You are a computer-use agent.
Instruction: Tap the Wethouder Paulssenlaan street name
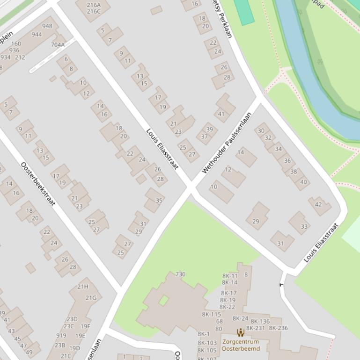pos(227,143)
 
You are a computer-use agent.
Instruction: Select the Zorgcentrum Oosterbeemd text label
pos(241,345)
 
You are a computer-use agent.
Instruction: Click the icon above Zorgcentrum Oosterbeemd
pos(241,332)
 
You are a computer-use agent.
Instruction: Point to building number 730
pos(180,274)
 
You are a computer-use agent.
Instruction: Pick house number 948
pos(47,26)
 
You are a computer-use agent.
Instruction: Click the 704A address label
pos(58,45)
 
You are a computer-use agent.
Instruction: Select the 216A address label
pos(94,5)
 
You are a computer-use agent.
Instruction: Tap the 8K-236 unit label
pos(279,328)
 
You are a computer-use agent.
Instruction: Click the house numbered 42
pos(319,204)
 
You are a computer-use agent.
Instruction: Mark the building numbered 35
pos(159,201)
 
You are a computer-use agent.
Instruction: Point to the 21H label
pos(83,287)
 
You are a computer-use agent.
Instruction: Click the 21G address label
pos(91,298)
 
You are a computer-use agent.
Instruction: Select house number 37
pos(205,137)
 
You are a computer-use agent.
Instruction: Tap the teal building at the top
pos(243,11)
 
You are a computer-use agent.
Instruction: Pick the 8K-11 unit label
pos(230,276)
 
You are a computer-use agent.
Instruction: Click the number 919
pos(61,336)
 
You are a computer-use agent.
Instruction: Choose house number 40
pos(304,182)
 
